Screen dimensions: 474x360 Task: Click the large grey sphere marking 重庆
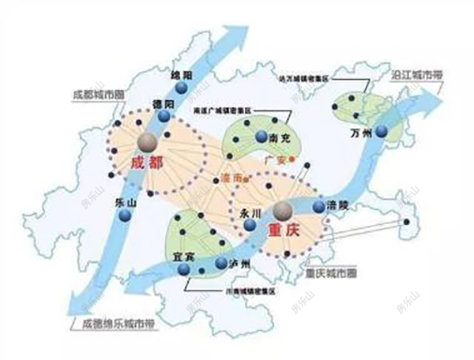tap(284, 211)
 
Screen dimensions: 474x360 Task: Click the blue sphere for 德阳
tap(164, 116)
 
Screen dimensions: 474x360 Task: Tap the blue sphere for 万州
tap(382, 133)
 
